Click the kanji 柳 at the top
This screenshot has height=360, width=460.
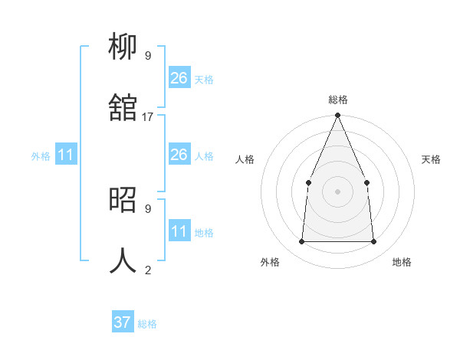123,48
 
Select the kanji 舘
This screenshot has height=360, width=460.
123,108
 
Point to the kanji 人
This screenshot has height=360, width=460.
123,260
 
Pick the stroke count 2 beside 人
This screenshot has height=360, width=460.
147,269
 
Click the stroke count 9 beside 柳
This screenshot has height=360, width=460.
147,56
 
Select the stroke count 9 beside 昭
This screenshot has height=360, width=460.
147,208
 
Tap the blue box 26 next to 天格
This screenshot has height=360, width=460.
179,77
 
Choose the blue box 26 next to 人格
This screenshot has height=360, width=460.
179,155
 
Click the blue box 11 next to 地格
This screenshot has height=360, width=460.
179,231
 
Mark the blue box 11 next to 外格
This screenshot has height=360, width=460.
66,155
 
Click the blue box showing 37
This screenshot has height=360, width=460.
123,322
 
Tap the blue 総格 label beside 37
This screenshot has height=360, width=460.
147,324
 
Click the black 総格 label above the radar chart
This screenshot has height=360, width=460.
337,100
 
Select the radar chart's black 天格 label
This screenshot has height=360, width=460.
431,159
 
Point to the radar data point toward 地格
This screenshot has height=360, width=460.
373,242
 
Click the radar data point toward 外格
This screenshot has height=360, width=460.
301,242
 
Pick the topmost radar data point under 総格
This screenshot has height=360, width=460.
337,116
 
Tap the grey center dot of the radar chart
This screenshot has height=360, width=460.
337,191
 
